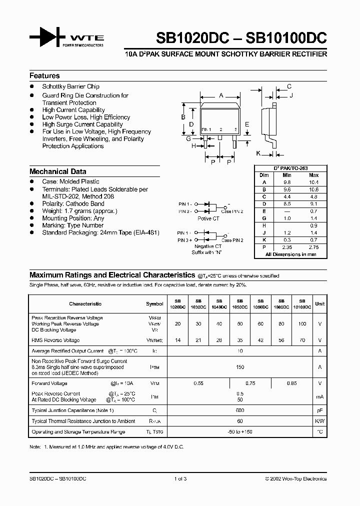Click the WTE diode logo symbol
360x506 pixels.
pos(47,39)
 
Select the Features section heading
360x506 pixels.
pos(44,76)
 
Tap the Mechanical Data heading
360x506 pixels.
pos(57,171)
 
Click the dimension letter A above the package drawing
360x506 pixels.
pos(221,95)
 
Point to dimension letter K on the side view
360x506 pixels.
pos(258,153)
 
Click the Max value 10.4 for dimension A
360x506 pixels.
pos(313,182)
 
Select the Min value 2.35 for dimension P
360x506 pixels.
pos(286,247)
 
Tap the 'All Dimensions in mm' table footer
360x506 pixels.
pos(291,254)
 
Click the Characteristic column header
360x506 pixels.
pos(85,303)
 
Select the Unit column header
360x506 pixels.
pos(320,303)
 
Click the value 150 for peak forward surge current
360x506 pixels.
pos(240,367)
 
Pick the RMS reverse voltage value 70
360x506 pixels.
pos(301,340)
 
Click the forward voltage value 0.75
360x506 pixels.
pos(250,383)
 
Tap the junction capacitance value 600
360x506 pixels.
pos(240,410)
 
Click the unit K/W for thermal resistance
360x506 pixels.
pos(320,421)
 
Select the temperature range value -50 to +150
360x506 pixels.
pos(240,431)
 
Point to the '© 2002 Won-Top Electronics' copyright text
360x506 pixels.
pos(295,478)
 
